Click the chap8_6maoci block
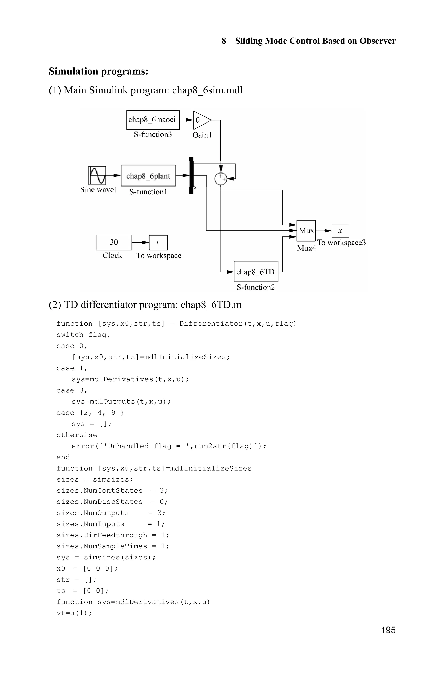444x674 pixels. click(x=153, y=120)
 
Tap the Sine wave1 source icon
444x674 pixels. click(x=97, y=175)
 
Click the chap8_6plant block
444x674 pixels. click(x=148, y=176)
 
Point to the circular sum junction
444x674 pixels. click(x=220, y=179)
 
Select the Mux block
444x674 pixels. click(x=306, y=231)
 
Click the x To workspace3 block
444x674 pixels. click(x=340, y=231)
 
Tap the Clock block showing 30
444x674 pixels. click(x=114, y=243)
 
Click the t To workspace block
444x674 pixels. click(x=158, y=243)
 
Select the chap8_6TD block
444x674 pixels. click(x=256, y=271)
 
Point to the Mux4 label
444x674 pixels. click(x=306, y=248)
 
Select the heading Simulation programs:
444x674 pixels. click(x=99, y=71)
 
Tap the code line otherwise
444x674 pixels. click(x=77, y=435)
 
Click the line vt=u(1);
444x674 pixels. click(x=74, y=613)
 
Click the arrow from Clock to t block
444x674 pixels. click(x=140, y=243)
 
